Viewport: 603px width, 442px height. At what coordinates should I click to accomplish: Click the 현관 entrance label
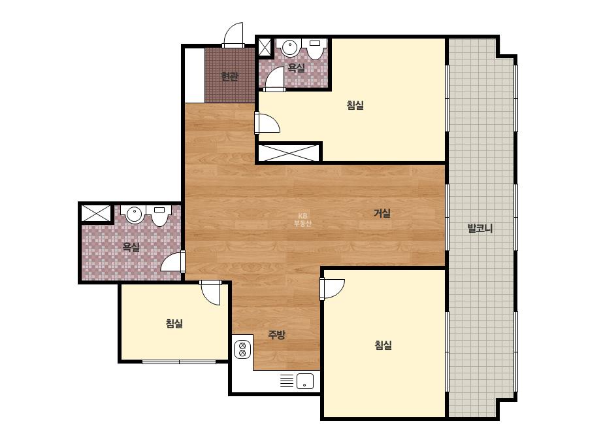[x=229, y=76]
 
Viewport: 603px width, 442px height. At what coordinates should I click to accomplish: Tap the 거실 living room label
[x=382, y=213]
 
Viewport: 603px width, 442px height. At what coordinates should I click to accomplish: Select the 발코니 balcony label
[x=480, y=228]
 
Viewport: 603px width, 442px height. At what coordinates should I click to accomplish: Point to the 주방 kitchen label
[x=276, y=335]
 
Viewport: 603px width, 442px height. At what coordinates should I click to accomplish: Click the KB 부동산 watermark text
[x=302, y=220]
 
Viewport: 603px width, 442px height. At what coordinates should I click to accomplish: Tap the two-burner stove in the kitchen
[x=242, y=348]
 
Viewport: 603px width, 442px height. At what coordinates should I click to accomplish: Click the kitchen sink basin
[x=304, y=381]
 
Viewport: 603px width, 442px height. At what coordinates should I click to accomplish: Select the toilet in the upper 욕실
[x=316, y=49]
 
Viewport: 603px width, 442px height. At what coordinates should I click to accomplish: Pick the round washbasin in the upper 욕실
[x=289, y=47]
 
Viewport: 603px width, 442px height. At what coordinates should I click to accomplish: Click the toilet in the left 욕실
[x=159, y=216]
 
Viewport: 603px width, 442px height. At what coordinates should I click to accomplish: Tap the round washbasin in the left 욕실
[x=134, y=214]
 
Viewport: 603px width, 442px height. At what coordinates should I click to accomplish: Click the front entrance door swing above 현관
[x=233, y=35]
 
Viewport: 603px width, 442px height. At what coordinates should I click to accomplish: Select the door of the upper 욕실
[x=274, y=79]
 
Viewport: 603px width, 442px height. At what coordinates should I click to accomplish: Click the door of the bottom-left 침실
[x=211, y=292]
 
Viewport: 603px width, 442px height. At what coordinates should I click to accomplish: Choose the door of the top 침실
[x=267, y=122]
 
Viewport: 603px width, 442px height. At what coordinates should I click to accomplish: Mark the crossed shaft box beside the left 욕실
[x=95, y=213]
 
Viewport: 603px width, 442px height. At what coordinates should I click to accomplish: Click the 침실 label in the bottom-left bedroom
[x=174, y=324]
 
